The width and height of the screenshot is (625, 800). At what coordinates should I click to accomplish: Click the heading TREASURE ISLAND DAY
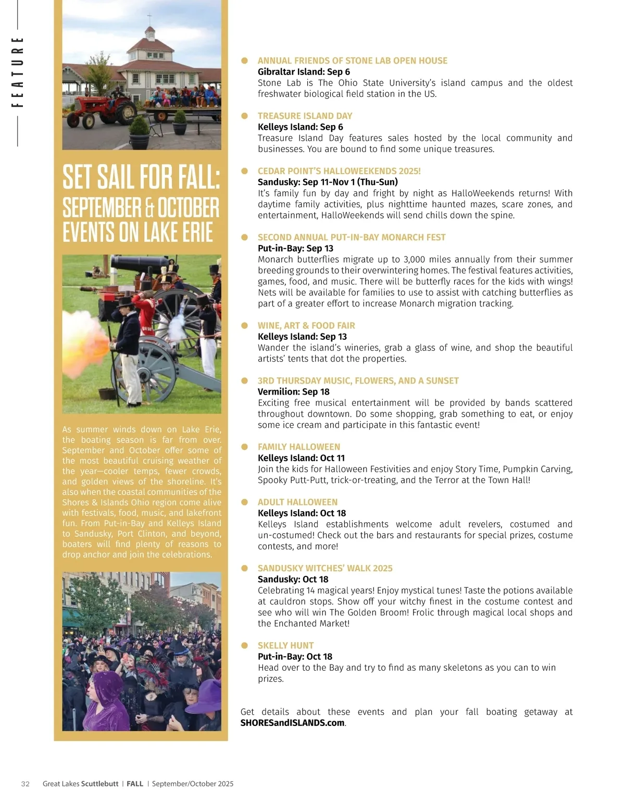tap(305, 116)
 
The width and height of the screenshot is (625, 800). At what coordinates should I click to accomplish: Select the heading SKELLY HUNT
tap(285, 645)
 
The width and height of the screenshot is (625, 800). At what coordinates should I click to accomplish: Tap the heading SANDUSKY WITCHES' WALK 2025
tap(325, 568)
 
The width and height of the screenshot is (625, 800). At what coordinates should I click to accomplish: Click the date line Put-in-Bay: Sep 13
tap(295, 248)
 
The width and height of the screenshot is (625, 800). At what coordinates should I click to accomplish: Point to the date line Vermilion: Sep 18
tap(293, 391)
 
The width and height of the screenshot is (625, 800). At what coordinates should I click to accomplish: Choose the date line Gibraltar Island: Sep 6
tap(304, 72)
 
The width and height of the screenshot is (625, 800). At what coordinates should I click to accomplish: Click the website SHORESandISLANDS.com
tap(292, 723)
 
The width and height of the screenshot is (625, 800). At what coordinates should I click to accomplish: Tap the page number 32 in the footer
tap(26, 784)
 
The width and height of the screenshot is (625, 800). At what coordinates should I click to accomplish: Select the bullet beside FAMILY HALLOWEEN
tap(244, 447)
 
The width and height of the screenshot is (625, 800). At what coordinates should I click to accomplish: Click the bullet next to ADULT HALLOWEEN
tap(244, 502)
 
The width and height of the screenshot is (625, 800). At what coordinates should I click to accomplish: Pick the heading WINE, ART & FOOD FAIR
tap(306, 325)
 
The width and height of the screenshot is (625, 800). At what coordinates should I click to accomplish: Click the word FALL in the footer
tap(135, 784)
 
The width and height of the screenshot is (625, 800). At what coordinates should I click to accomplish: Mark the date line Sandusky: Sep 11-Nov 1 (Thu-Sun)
tap(328, 182)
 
